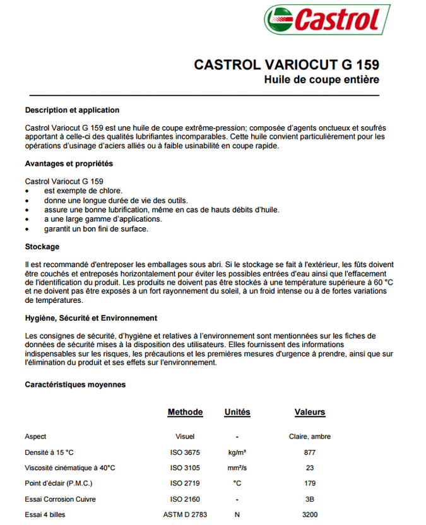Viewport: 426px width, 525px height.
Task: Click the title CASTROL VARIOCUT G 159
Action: [x=286, y=65]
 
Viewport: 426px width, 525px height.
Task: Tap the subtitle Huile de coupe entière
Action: [x=321, y=80]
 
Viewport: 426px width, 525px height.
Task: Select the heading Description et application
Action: [x=72, y=110]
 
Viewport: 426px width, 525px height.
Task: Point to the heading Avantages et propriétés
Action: [x=69, y=163]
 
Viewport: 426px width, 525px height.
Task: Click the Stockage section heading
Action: [x=42, y=247]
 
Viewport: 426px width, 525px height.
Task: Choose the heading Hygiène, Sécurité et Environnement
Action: [x=91, y=318]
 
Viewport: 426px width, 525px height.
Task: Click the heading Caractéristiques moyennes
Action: [x=75, y=384]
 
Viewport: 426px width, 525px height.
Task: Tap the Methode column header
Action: [x=185, y=412]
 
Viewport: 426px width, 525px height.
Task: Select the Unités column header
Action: [x=237, y=412]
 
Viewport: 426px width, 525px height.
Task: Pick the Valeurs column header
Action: [x=310, y=412]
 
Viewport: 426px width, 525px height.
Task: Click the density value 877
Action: [x=309, y=452]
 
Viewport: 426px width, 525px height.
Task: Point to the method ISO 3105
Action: [x=185, y=468]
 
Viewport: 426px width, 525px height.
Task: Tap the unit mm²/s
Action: [x=237, y=468]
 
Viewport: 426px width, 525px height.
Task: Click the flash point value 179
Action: [x=309, y=483]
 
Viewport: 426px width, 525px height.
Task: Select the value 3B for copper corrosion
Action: [x=309, y=499]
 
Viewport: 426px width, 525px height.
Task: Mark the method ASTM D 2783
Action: [x=185, y=515]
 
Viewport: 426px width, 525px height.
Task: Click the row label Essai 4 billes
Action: [x=45, y=515]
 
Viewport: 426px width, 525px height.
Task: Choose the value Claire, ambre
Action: [x=309, y=437]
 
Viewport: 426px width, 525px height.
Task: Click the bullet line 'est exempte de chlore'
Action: [x=83, y=191]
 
